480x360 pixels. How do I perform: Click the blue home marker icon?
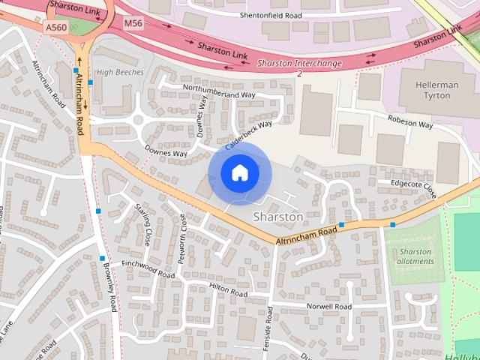[x=240, y=173]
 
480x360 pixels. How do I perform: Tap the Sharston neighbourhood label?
[x=278, y=217]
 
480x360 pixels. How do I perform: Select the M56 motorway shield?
[x=133, y=23]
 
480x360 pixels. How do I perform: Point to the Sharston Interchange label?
[x=299, y=64]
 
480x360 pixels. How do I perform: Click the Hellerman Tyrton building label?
[x=438, y=91]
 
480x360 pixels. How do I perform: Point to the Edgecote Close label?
[x=413, y=187]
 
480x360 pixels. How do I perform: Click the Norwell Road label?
[x=328, y=307]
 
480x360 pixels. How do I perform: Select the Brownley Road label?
[x=112, y=292]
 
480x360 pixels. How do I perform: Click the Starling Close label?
[x=142, y=224]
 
